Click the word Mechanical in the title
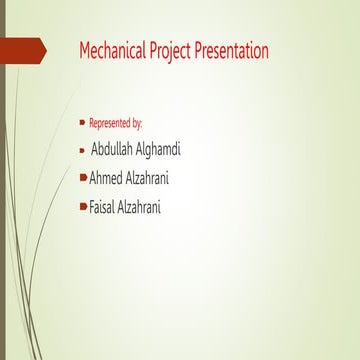(x=109, y=50)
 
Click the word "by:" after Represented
(x=136, y=123)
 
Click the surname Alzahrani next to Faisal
(x=150, y=207)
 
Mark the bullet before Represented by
(x=83, y=122)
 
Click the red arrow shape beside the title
(x=22, y=49)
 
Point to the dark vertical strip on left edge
(x=3, y=200)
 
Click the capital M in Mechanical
(x=85, y=50)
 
